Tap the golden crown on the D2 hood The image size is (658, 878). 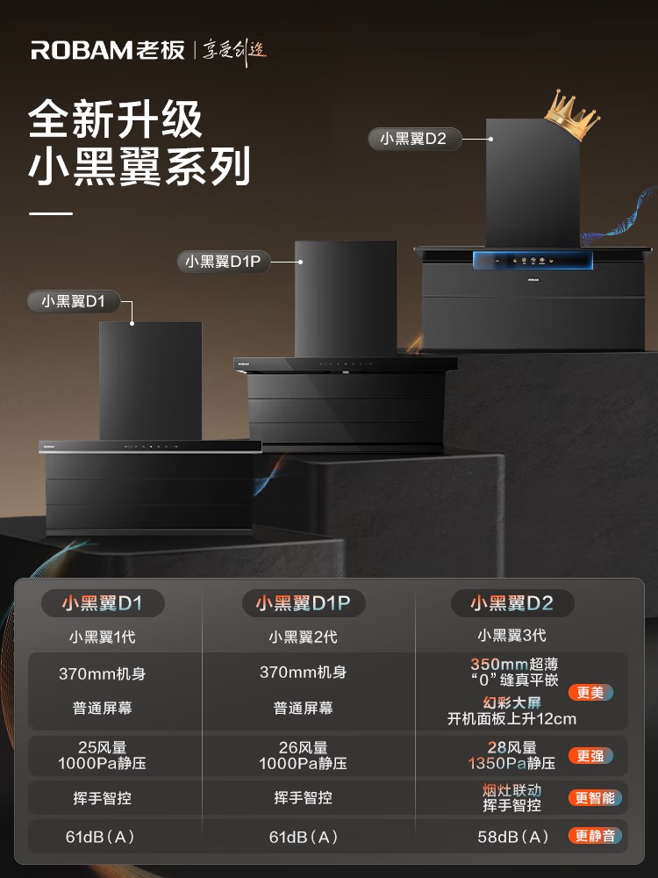tap(570, 115)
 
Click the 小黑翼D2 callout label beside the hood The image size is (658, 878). tap(413, 139)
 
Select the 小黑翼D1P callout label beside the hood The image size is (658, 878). tap(224, 261)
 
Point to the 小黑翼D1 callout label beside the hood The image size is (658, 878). tap(74, 301)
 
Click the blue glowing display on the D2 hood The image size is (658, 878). tap(533, 260)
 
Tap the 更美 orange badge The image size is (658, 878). tap(590, 693)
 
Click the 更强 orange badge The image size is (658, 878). tap(590, 756)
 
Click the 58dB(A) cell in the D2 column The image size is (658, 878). tap(513, 837)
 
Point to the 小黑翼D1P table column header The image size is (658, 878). tap(303, 603)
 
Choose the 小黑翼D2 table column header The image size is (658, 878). tap(512, 603)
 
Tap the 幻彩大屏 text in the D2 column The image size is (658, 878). tap(512, 702)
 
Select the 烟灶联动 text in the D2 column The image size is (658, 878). tap(512, 790)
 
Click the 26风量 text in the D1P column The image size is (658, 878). tap(303, 748)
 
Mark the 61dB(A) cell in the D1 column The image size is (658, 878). tap(101, 837)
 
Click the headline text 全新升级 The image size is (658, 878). tap(116, 119)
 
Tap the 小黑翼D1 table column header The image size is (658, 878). tap(102, 603)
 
